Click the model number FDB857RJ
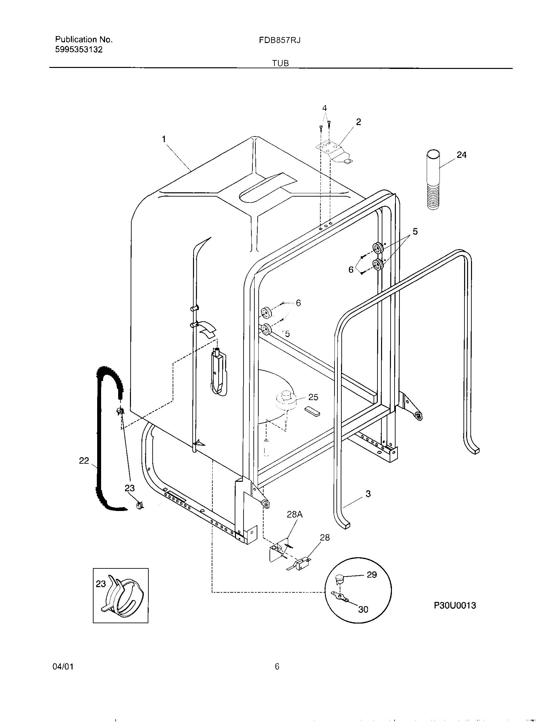click(280, 40)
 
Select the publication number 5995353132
click(79, 50)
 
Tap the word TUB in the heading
click(281, 63)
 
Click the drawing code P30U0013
click(455, 605)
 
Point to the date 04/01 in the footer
click(63, 667)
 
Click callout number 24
click(461, 155)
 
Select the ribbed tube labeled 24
click(433, 180)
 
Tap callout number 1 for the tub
click(164, 139)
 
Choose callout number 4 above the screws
click(324, 108)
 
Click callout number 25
click(313, 397)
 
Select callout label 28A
click(295, 515)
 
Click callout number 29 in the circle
click(372, 575)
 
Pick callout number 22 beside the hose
click(84, 460)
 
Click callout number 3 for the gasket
click(368, 503)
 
